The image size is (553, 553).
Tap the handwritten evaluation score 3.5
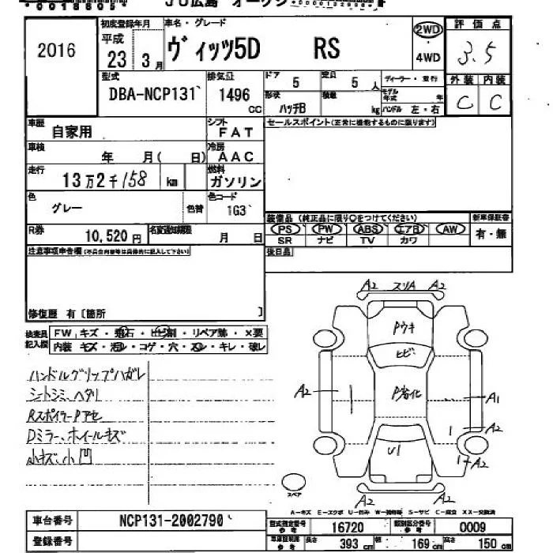479,55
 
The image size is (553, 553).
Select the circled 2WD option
428,30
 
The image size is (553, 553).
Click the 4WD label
428,58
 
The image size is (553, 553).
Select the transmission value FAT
235,132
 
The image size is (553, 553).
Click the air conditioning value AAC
235,156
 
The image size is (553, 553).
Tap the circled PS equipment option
284,229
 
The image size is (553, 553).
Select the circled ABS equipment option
366,229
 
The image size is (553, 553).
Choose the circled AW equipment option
450,229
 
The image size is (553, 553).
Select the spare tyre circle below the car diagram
293,482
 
